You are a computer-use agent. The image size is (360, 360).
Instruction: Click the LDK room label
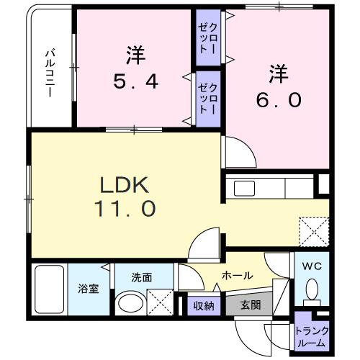click(x=123, y=184)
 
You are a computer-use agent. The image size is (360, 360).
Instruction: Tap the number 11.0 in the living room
click(x=123, y=209)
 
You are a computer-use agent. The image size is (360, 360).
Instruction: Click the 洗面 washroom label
click(x=141, y=276)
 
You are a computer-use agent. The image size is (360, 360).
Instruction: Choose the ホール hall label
click(x=236, y=275)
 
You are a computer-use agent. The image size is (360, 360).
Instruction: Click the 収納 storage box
click(x=204, y=305)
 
